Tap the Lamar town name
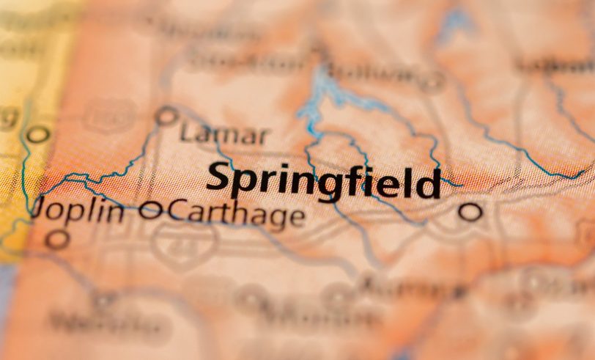224,135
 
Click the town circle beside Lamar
167,116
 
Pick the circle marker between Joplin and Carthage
149,211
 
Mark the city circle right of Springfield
470,213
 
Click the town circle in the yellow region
37,134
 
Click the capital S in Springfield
221,177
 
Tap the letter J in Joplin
41,211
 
